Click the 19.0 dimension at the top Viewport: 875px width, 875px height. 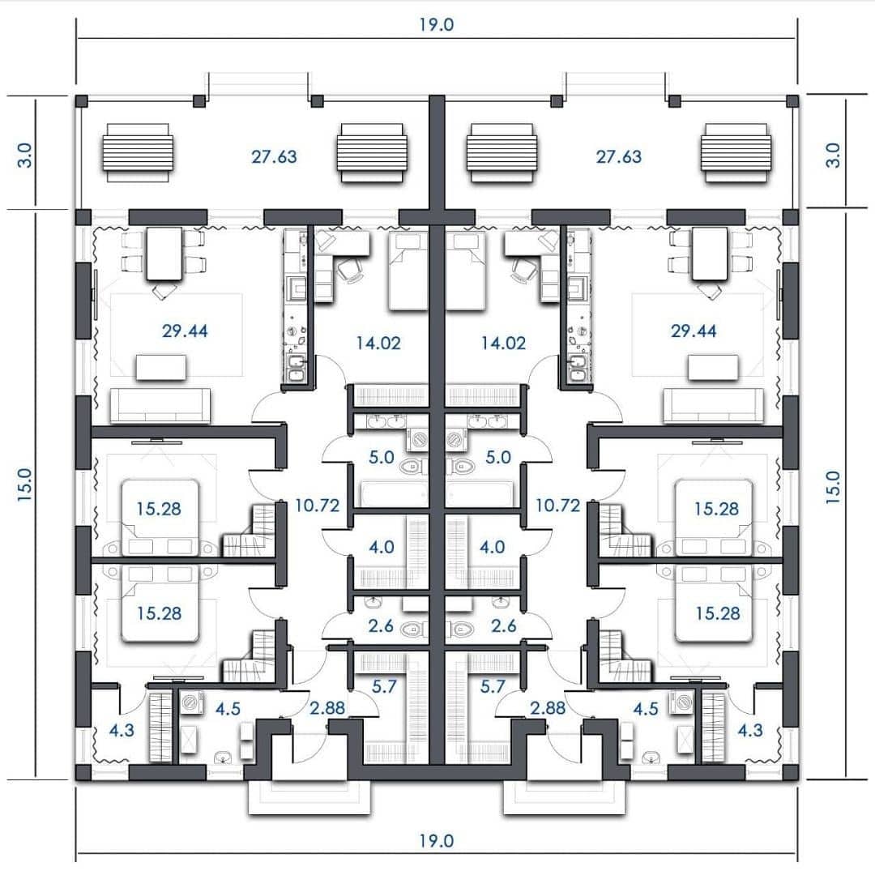(437, 24)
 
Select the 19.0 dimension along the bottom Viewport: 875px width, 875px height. (437, 840)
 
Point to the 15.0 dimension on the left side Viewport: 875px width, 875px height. (25, 484)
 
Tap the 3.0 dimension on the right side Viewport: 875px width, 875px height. (833, 155)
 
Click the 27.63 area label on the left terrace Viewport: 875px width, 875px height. (274, 157)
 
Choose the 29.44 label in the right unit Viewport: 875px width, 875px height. (694, 331)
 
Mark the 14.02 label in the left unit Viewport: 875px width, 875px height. (378, 343)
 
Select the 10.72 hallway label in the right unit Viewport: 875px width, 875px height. (558, 506)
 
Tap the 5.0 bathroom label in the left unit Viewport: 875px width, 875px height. (381, 458)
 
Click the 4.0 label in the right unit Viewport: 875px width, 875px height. (493, 547)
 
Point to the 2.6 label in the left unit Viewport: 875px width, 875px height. (381, 626)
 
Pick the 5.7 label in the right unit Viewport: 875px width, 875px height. (493, 686)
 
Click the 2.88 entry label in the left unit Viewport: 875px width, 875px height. (327, 708)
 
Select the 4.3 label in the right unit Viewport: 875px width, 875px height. (750, 730)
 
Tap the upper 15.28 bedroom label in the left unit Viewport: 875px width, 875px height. (159, 509)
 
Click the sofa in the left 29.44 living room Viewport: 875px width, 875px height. (160, 406)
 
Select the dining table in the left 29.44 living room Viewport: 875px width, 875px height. (164, 254)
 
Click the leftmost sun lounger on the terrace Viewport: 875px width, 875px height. (137, 153)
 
